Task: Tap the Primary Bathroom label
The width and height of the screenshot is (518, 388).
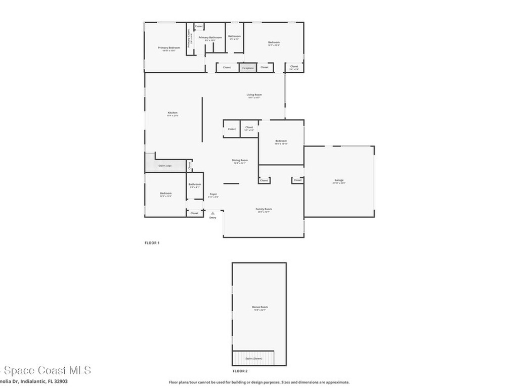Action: click(x=210, y=37)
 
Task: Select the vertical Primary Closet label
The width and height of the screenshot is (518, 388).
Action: click(x=189, y=37)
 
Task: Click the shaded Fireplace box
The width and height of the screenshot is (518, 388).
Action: click(x=248, y=68)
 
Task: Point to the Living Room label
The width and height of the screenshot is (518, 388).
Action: click(x=254, y=94)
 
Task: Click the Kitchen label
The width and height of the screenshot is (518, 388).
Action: click(x=172, y=113)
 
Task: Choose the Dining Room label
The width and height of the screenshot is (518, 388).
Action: click(x=240, y=160)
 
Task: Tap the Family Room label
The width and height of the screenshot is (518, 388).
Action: click(x=264, y=209)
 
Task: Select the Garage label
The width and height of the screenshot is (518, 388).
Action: click(x=339, y=180)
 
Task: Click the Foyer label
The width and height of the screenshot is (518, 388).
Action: click(x=213, y=194)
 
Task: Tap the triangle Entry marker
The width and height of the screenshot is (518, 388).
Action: click(x=212, y=213)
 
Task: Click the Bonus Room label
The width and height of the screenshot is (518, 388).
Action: click(x=260, y=307)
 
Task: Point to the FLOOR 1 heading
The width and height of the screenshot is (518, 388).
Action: click(x=152, y=243)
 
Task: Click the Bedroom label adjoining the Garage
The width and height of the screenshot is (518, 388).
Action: click(x=281, y=141)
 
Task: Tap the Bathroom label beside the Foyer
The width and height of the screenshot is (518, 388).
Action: click(x=195, y=184)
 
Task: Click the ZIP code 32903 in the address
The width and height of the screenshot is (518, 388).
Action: click(x=61, y=381)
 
